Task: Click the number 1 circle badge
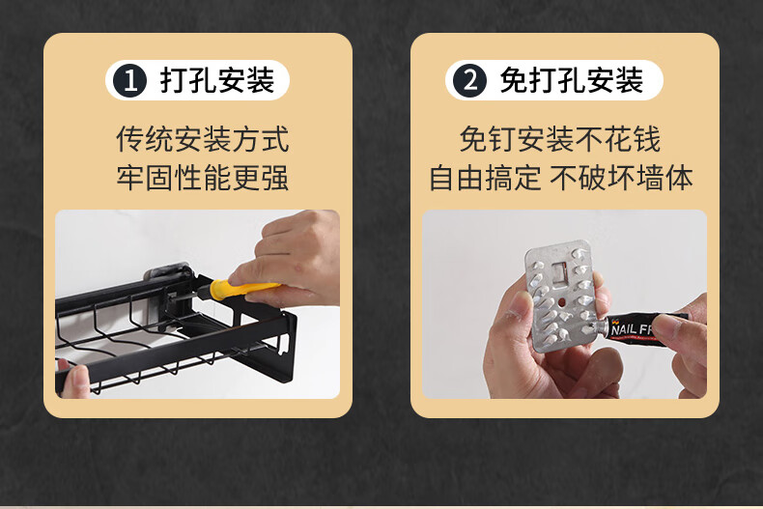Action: point(130,80)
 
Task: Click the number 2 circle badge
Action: point(469,80)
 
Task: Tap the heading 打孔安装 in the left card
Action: point(217,80)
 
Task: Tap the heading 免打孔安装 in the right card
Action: point(572,80)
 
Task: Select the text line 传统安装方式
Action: point(203,139)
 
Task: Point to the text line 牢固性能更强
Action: point(203,177)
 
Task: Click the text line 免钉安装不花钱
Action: point(560,139)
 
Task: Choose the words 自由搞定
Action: point(485,177)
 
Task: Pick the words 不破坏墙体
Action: point(621,177)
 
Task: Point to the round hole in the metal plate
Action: point(561,302)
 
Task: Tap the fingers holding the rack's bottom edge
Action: point(74,378)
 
